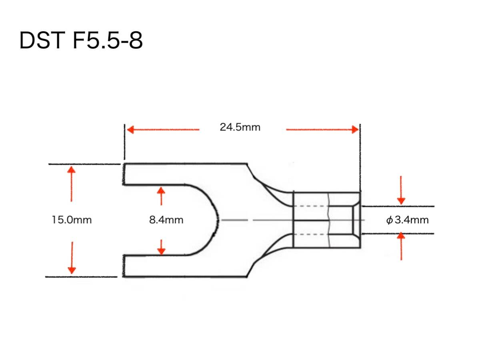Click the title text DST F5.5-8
[x=81, y=41]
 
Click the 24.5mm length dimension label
[x=240, y=127]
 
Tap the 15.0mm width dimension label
[x=72, y=220]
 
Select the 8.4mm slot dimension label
[x=166, y=220]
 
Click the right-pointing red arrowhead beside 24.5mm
[x=354, y=130]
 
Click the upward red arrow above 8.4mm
[x=161, y=191]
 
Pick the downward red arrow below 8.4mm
[x=161, y=250]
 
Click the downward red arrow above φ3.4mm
[x=401, y=200]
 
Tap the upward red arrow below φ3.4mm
[x=401, y=237]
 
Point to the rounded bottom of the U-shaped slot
[x=216, y=220]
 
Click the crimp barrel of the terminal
[x=326, y=220]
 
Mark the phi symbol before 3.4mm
[x=390, y=220]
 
